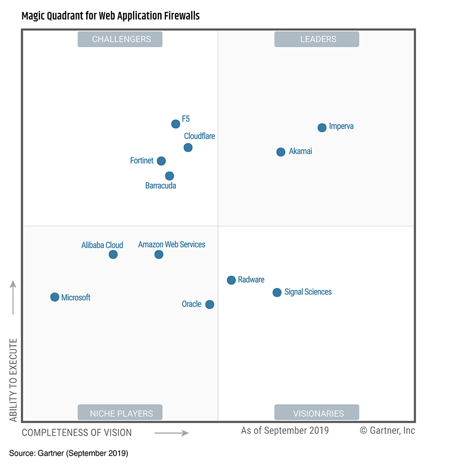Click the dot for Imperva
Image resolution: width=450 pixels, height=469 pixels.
click(322, 128)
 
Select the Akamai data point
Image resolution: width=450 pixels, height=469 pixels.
click(281, 152)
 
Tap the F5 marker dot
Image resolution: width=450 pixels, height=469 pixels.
click(175, 124)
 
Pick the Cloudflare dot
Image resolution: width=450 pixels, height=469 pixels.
click(188, 148)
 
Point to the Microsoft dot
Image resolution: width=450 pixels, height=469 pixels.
click(55, 297)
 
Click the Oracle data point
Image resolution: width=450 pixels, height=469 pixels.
click(209, 304)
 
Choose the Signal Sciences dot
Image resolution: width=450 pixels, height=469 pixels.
click(277, 292)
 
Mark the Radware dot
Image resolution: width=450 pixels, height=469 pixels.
click(231, 280)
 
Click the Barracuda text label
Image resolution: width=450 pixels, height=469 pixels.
click(161, 186)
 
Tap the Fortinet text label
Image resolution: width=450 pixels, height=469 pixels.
click(142, 161)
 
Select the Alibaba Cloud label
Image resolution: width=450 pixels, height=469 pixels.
click(102, 245)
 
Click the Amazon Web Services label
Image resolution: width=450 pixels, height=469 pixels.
click(172, 244)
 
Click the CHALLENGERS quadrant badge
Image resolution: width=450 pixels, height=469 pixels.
click(120, 39)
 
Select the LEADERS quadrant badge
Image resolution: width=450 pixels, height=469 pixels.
click(317, 39)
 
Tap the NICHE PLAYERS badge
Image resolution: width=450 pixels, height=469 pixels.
click(120, 413)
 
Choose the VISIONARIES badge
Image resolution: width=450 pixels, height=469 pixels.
click(317, 413)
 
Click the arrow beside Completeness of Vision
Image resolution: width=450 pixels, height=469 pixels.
click(172, 433)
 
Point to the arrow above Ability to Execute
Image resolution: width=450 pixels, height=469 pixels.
click(13, 298)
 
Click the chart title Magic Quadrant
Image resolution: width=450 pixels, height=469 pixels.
click(111, 16)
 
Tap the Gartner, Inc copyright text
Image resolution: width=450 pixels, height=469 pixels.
click(387, 430)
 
